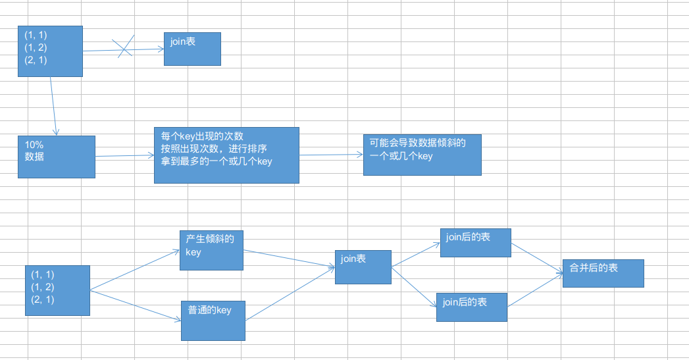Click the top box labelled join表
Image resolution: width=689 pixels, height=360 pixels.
(x=192, y=49)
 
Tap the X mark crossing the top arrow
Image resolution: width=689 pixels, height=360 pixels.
(x=124, y=47)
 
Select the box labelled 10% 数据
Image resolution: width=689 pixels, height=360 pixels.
(x=57, y=157)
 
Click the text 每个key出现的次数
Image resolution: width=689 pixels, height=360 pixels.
(x=202, y=136)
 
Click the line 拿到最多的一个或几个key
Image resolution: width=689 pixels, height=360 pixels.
(x=216, y=161)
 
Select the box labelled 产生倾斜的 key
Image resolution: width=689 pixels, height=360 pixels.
(x=211, y=250)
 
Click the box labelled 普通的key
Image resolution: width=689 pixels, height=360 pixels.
(x=213, y=321)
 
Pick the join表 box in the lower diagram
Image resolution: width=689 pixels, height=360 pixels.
(x=363, y=267)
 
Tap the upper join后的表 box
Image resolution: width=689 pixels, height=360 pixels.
(x=475, y=242)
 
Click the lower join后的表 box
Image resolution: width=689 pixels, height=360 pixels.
(x=471, y=307)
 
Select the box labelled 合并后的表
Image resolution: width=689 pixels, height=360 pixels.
(x=603, y=273)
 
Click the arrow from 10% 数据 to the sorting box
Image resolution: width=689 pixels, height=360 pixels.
(x=124, y=157)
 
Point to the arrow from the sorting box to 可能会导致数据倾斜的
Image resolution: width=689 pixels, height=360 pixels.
(x=331, y=155)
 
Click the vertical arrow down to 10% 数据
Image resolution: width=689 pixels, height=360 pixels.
(x=53, y=105)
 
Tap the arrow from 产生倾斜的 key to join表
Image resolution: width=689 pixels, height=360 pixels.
(x=290, y=259)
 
